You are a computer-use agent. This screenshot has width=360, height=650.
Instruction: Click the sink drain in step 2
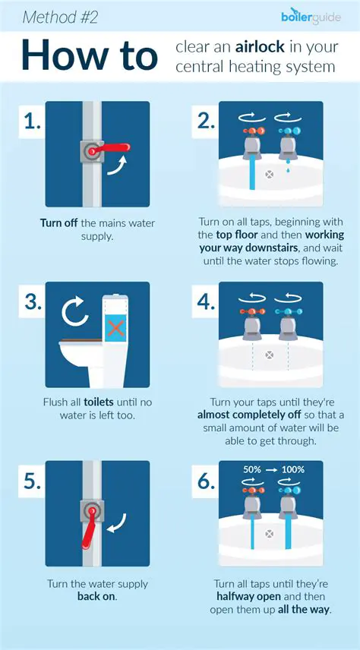click(267, 174)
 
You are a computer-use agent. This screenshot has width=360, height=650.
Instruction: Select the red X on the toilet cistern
click(115, 328)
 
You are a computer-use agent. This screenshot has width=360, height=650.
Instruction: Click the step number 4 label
click(206, 302)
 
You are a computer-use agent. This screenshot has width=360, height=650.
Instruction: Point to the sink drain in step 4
click(267, 355)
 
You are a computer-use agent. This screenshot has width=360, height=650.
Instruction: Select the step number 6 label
click(206, 481)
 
